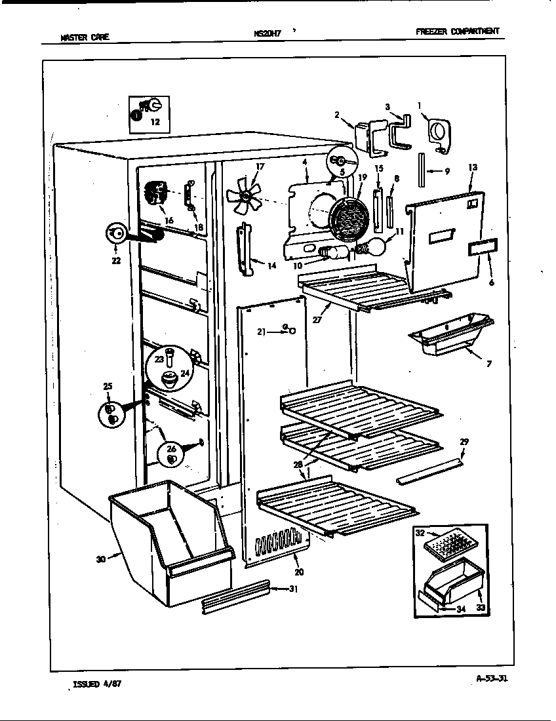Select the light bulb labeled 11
click(378, 247)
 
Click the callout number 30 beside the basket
click(100, 559)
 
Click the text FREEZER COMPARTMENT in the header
click(457, 31)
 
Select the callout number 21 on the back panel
click(262, 332)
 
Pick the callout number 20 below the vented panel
click(300, 572)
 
